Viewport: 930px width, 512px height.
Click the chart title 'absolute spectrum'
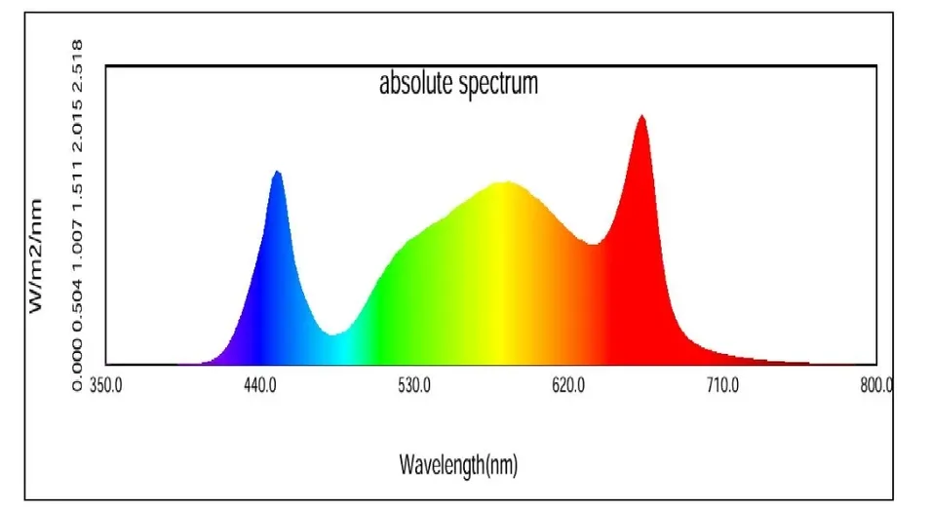(x=458, y=84)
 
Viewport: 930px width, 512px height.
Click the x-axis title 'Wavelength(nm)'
(x=458, y=465)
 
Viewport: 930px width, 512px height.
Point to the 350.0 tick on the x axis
(x=105, y=385)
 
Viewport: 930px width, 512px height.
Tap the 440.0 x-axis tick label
(x=260, y=385)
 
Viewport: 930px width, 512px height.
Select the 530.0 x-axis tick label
(x=414, y=385)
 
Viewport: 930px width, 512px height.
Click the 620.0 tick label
(x=568, y=385)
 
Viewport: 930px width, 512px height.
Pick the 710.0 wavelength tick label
(x=722, y=385)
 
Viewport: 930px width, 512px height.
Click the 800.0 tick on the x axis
(x=876, y=385)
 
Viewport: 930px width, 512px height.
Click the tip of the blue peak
(x=278, y=172)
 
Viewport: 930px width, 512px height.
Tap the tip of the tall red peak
(x=641, y=116)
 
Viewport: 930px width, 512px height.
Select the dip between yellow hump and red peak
(x=592, y=244)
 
